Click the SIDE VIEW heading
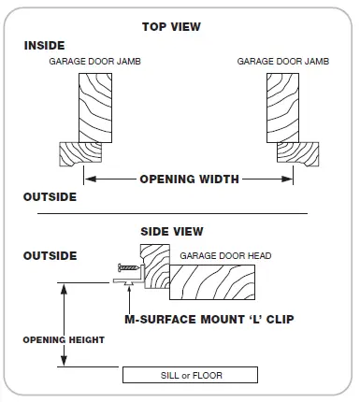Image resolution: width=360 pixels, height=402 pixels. pos(171,231)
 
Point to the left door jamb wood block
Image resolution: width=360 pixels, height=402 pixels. pos(95,108)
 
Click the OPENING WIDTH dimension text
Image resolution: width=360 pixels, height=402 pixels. pos(189,179)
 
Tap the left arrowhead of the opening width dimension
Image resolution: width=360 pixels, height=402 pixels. pos(88,179)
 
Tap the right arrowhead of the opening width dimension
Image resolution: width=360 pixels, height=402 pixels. pos(289,179)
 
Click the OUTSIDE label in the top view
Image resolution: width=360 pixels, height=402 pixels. pos(50,198)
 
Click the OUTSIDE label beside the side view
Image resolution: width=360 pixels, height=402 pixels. pos(50,254)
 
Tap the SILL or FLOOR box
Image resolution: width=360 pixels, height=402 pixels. pos(190,376)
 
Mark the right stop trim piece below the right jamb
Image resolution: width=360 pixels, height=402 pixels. pos(298,152)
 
